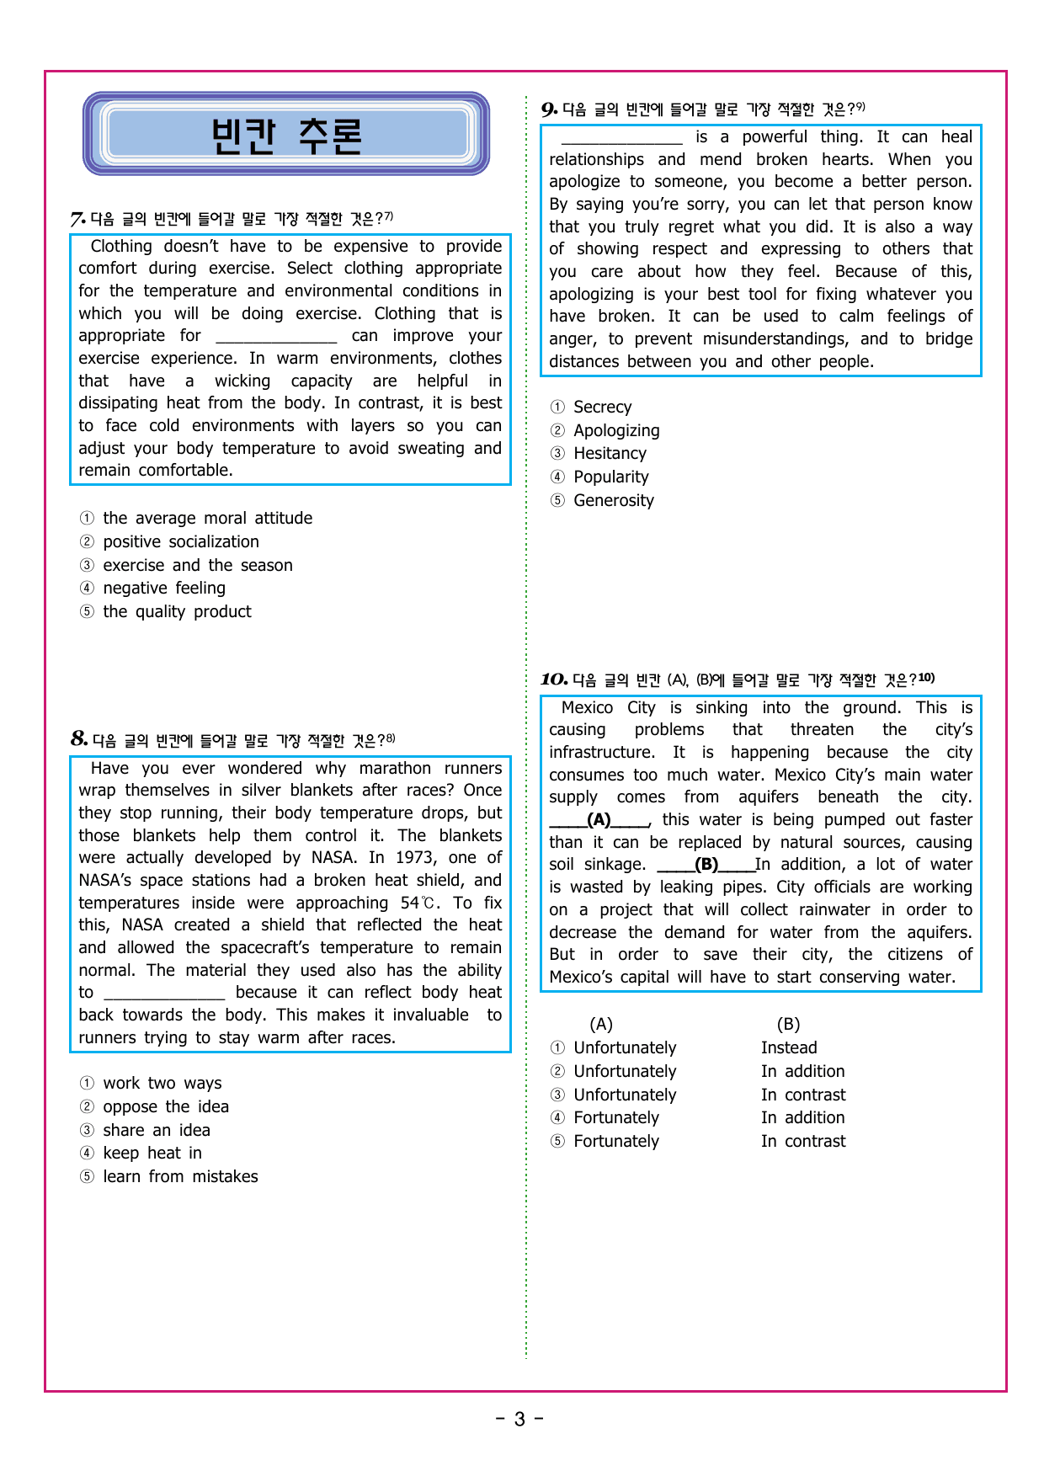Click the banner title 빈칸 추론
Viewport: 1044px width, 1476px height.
point(286,135)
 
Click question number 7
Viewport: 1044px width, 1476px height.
point(77,220)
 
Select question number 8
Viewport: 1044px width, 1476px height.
point(79,739)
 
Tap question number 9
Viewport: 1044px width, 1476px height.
point(549,109)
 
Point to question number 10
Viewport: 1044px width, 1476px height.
point(554,679)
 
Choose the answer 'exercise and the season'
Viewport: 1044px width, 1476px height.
point(197,565)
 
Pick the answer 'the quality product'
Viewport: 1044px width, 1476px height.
point(177,611)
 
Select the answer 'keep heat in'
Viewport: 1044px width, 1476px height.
point(152,1153)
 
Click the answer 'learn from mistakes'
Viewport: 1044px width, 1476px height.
point(180,1176)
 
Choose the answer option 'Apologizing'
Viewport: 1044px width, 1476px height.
point(616,430)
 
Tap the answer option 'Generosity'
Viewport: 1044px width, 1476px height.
point(613,500)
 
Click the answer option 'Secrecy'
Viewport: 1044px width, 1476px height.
point(602,407)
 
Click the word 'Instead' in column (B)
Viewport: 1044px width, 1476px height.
point(789,1047)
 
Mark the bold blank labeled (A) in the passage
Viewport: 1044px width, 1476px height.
point(599,820)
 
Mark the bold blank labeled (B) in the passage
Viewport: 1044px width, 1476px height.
point(706,865)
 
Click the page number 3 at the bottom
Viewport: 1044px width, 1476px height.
point(519,1419)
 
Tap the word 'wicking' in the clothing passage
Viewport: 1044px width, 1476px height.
point(242,381)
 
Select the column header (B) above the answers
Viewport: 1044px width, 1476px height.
point(788,1024)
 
